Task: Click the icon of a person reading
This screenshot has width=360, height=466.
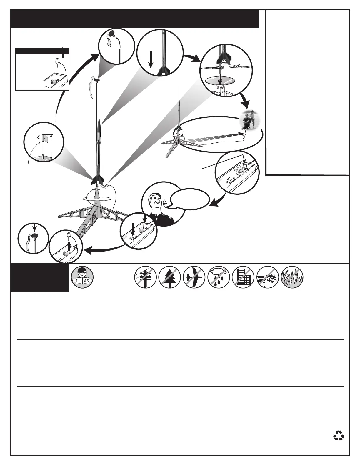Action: tap(82, 277)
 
